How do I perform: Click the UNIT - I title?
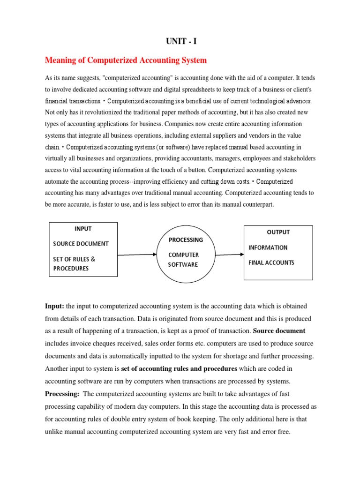[181, 42]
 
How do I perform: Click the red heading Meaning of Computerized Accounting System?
[126, 60]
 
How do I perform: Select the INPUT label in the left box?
[83, 229]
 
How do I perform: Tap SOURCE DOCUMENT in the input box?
[81, 244]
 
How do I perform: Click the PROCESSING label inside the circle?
[186, 240]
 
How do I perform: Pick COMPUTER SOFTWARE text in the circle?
[183, 260]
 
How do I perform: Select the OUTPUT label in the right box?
[278, 232]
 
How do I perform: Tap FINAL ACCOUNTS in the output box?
[271, 262]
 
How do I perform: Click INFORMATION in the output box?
[268, 247]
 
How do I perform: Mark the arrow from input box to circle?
[136, 255]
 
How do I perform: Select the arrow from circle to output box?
[230, 255]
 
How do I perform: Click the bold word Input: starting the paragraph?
[54, 306]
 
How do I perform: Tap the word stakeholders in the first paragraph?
[297, 158]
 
